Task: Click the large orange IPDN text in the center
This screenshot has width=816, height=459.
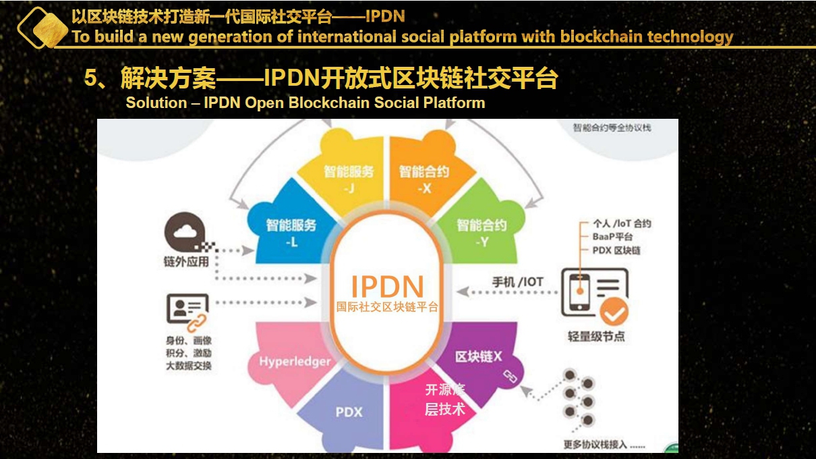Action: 387,286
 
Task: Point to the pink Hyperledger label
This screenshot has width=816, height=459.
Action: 295,362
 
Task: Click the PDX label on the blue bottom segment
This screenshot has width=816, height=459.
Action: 349,412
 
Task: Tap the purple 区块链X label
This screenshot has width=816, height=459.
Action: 478,356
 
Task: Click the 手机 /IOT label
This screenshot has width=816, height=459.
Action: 517,281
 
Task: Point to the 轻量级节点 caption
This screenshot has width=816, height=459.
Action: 596,335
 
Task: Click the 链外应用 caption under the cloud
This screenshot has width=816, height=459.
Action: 186,262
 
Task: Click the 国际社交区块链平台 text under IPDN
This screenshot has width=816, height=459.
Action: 387,306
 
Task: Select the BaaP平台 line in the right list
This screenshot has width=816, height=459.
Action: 612,237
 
